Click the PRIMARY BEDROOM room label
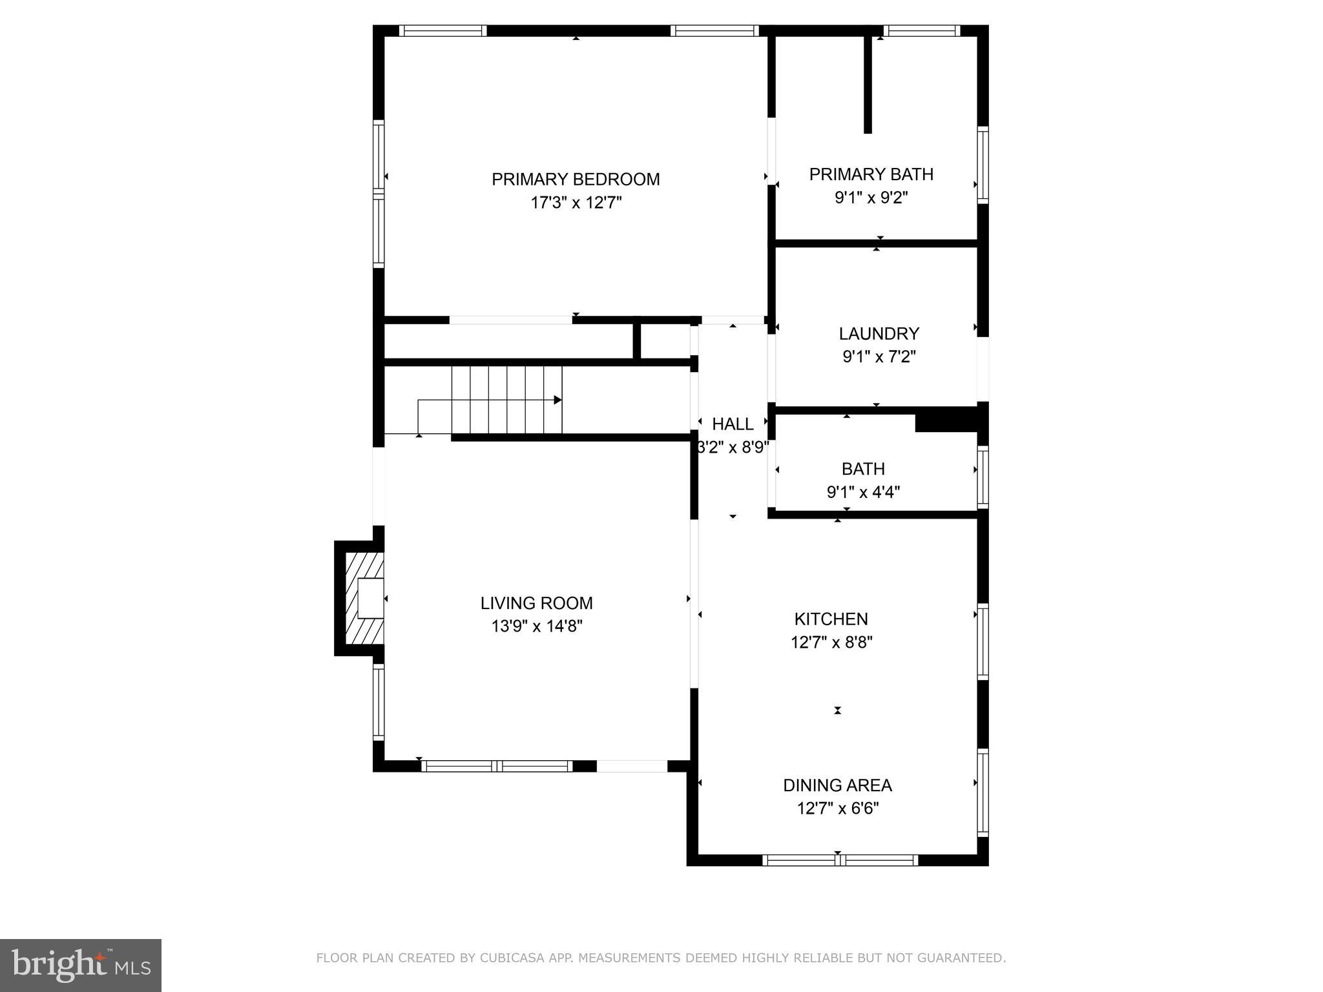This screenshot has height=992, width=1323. click(x=576, y=179)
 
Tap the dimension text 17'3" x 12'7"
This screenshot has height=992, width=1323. click(x=576, y=203)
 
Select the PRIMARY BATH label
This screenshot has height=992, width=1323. click(x=871, y=174)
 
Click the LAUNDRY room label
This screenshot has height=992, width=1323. click(x=879, y=333)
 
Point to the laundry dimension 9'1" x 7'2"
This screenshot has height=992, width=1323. click(x=879, y=356)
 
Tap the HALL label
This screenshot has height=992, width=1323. click(x=733, y=424)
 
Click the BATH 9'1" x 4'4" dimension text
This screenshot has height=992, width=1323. click(x=863, y=492)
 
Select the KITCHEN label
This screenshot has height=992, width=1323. click(x=831, y=619)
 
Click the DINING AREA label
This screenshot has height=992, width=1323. click(x=837, y=785)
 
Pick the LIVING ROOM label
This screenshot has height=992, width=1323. click(x=536, y=603)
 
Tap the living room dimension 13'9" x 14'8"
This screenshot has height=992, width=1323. click(x=536, y=626)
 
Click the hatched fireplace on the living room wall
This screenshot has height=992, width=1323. click(x=364, y=598)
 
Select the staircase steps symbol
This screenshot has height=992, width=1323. click(x=506, y=399)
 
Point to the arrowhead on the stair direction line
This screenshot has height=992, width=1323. click(x=557, y=400)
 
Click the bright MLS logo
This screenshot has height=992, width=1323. click(x=80, y=965)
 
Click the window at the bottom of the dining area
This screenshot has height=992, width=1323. click(x=839, y=860)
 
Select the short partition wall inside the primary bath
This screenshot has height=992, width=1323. click(x=868, y=84)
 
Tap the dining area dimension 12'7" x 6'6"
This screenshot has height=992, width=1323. click(x=837, y=809)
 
